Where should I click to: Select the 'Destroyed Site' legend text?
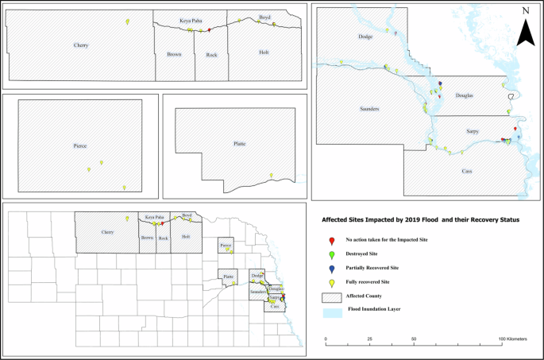point(363,254)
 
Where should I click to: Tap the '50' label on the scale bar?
point(414,339)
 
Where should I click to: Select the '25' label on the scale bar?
point(369,339)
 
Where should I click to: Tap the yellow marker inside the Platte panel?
point(271,175)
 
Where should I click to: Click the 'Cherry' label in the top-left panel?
point(80,45)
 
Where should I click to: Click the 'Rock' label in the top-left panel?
point(211,54)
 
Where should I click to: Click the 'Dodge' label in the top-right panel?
point(365,37)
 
